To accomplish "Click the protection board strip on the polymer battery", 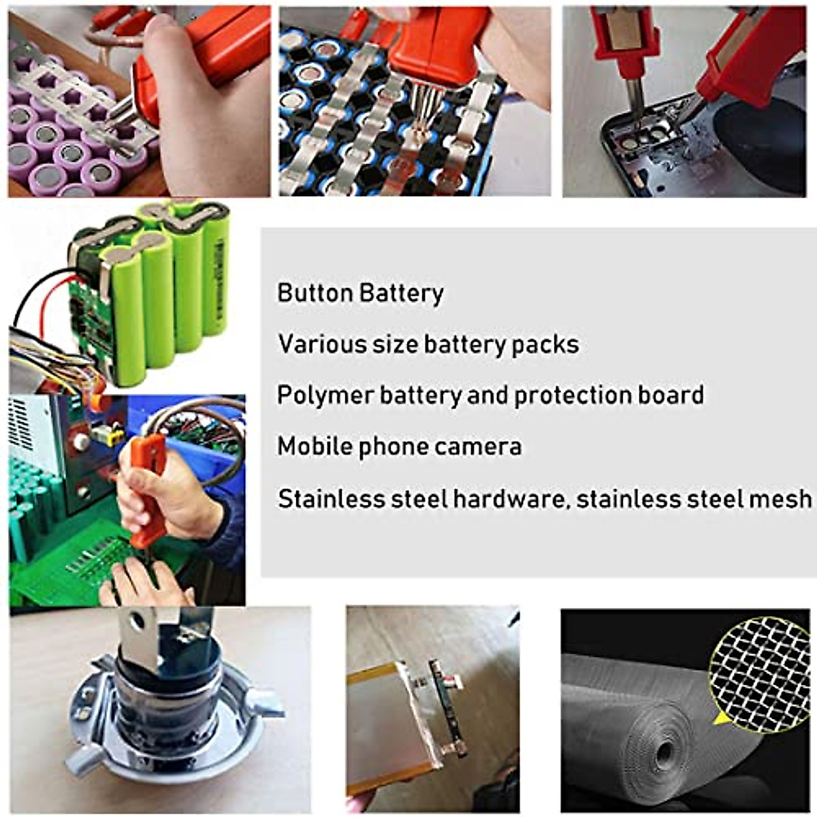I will (x=446, y=701).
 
